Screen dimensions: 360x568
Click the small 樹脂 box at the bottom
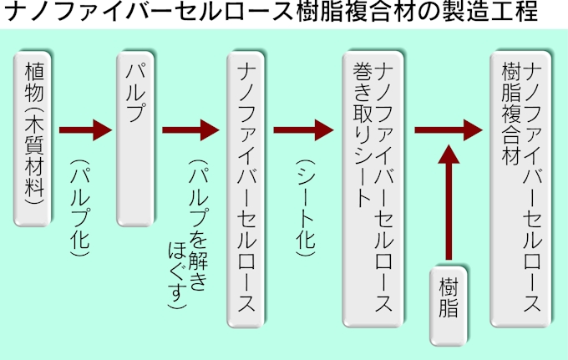(449, 306)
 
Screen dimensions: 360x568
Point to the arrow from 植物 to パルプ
(85, 129)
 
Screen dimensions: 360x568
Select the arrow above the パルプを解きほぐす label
(190, 129)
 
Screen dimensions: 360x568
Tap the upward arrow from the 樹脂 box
(449, 200)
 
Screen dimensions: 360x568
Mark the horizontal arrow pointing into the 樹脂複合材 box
(448, 129)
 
